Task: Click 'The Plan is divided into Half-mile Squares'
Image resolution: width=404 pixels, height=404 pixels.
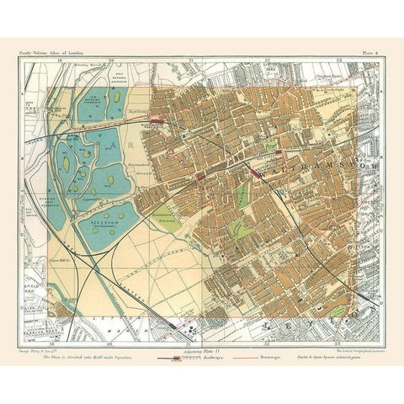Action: (93, 357)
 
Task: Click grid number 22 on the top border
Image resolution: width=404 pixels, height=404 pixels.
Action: (267, 61)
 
